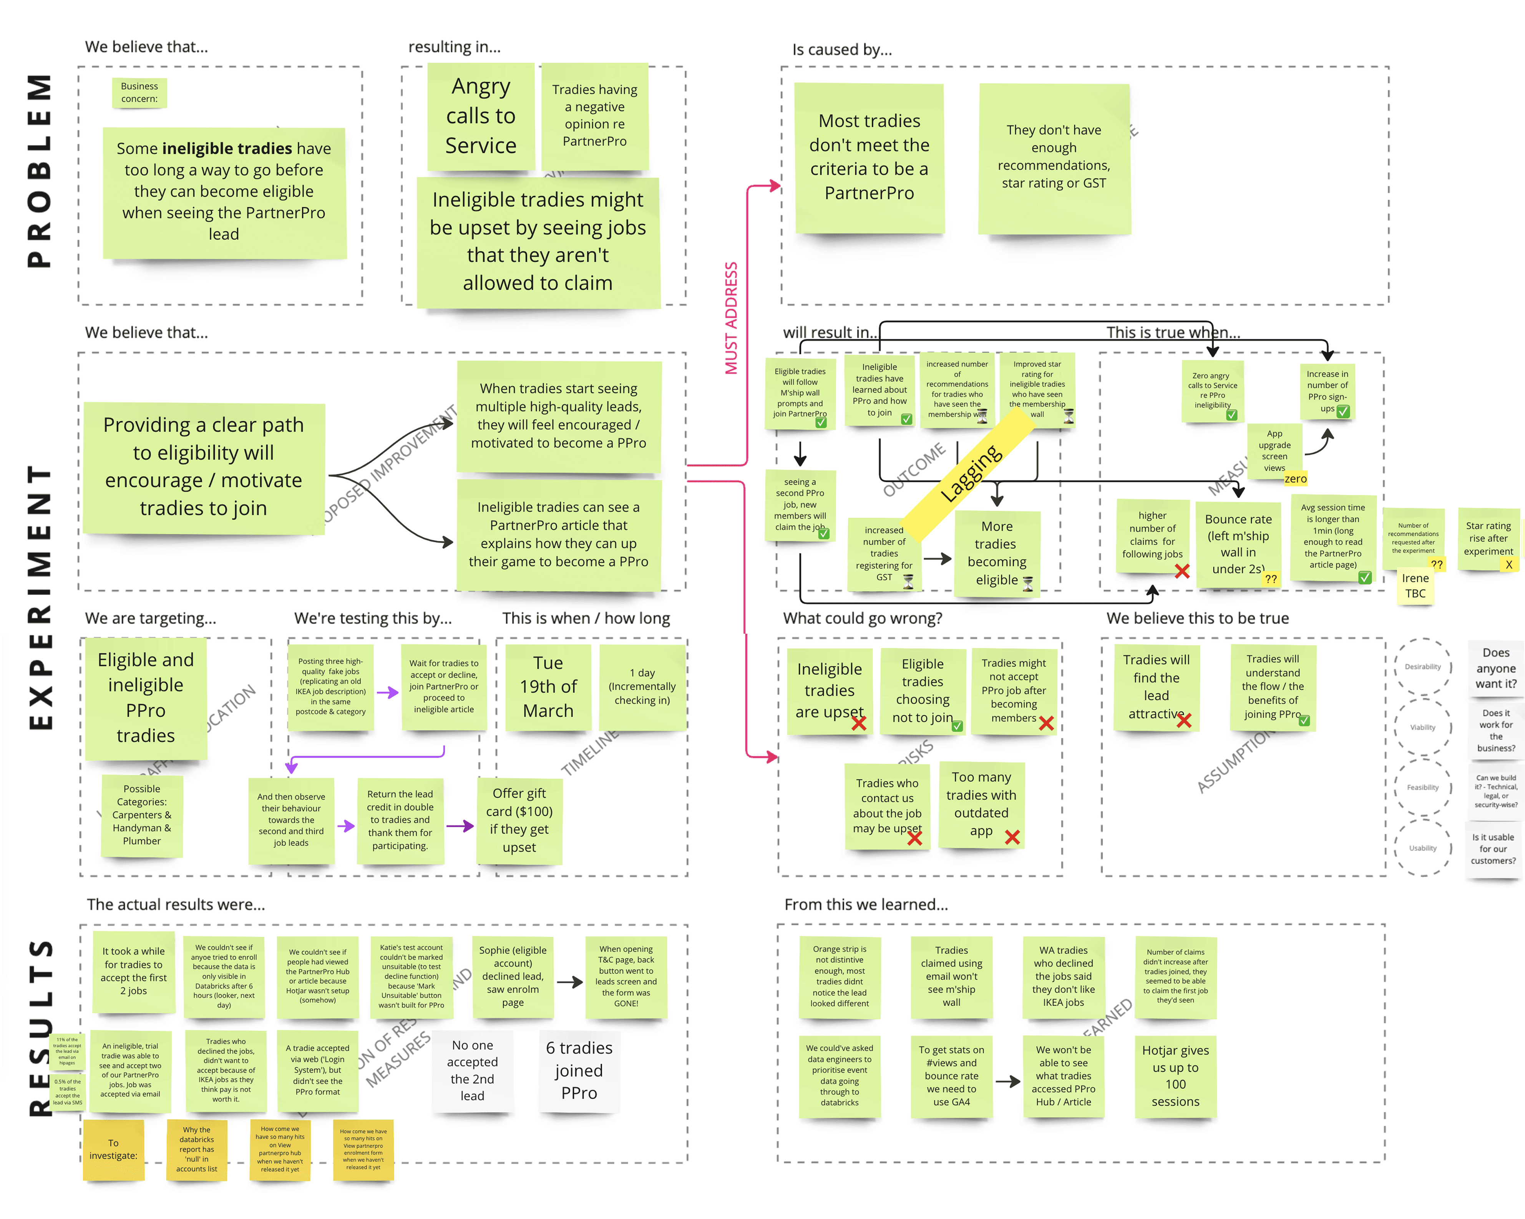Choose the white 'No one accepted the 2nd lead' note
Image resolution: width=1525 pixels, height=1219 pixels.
pos(473,1070)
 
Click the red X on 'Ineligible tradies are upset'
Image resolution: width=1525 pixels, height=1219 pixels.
pos(859,723)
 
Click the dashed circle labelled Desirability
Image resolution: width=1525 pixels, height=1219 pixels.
pos(1422,666)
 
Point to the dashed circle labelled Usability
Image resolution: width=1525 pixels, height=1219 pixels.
pos(1422,847)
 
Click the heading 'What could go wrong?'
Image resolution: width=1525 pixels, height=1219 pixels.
pos(862,618)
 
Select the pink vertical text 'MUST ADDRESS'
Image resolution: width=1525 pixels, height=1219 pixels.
pos(731,318)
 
